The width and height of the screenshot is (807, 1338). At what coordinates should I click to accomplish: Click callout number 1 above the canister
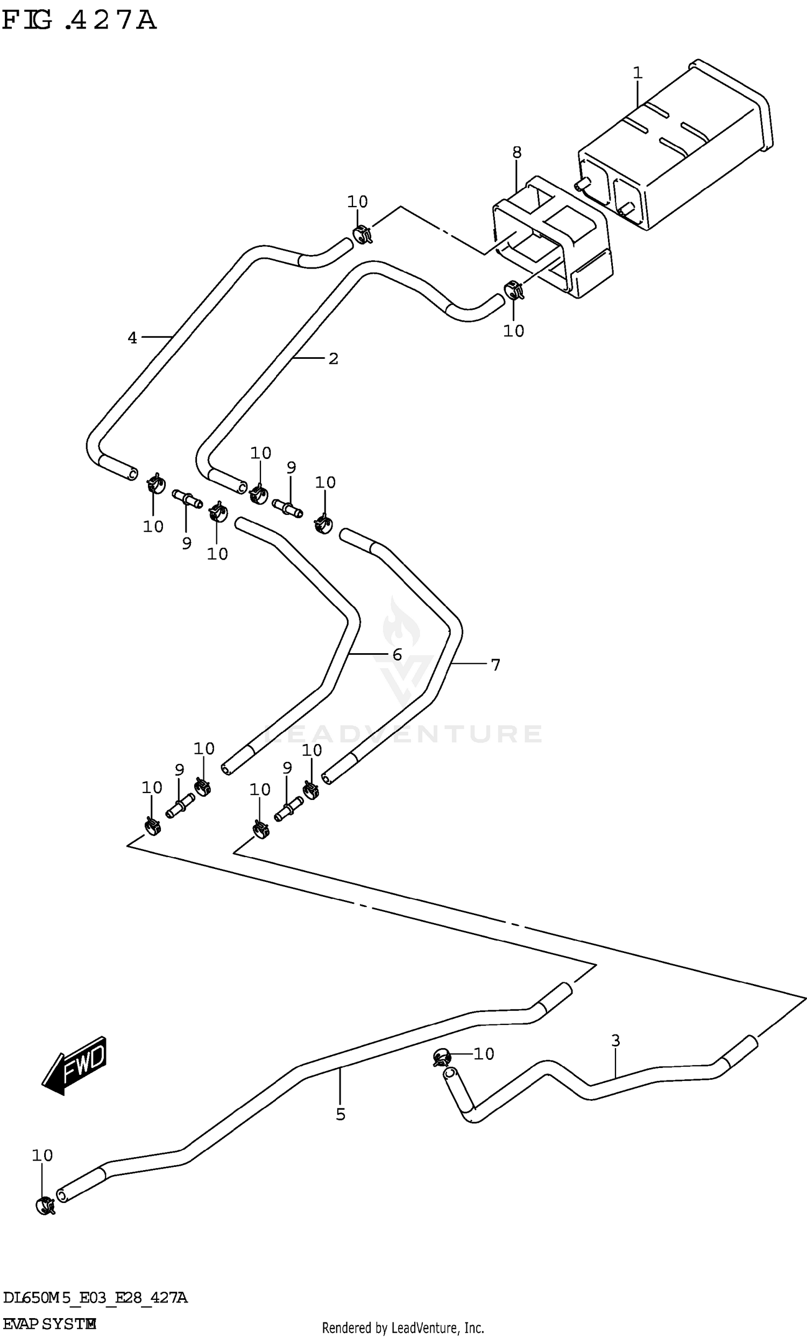tap(638, 72)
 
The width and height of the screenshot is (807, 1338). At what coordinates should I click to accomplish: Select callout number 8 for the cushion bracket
tap(516, 153)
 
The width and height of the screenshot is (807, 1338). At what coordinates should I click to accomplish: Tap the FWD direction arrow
tap(75, 1065)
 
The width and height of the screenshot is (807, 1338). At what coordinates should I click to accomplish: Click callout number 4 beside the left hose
tap(132, 338)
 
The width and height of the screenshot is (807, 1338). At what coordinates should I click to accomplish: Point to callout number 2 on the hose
tap(333, 358)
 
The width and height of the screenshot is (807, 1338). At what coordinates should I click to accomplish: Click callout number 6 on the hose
tap(397, 654)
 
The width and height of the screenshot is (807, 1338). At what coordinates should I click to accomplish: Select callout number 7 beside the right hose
tap(495, 664)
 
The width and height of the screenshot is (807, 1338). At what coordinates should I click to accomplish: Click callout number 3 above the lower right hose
tap(615, 1041)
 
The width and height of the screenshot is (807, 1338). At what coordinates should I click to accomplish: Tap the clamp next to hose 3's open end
tap(442, 1057)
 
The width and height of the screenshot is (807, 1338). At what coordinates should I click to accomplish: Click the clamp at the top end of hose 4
tap(362, 235)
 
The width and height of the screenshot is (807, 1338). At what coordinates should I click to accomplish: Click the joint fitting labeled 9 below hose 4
tap(187, 499)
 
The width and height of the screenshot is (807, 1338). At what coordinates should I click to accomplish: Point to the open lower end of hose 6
tap(226, 769)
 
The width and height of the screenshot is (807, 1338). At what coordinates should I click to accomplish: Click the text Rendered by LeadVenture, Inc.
tap(403, 1328)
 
